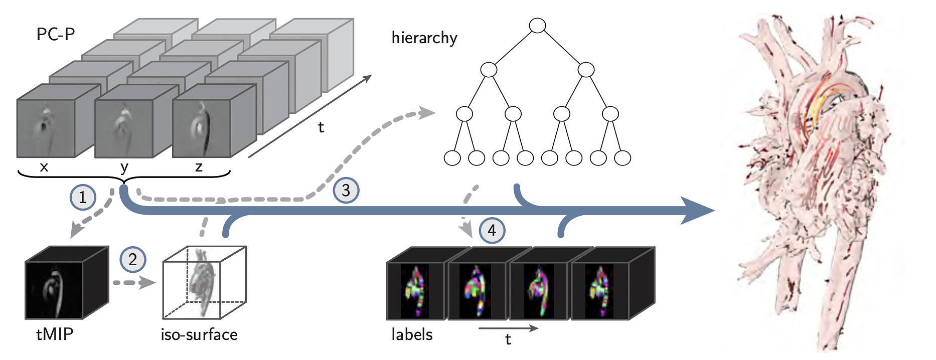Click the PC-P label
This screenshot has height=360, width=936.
tap(55, 34)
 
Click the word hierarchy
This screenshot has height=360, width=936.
tap(424, 38)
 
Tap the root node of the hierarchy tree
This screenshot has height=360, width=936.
tap(537, 26)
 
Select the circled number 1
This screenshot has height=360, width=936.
tap(82, 197)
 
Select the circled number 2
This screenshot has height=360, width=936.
tap(132, 259)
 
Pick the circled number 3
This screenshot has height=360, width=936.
tap(346, 190)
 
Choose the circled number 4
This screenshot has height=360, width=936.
tap(492, 230)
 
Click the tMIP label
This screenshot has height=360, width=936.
tap(55, 334)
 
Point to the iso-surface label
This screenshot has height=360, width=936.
tap(199, 334)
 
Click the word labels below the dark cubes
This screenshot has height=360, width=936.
tap(412, 334)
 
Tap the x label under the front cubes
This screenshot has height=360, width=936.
tap(44, 166)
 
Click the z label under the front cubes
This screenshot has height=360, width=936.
tap(199, 166)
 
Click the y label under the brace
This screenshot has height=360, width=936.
tap(124, 167)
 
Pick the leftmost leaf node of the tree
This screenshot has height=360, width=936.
tap(452, 158)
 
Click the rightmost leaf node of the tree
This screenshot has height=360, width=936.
tap(622, 158)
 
